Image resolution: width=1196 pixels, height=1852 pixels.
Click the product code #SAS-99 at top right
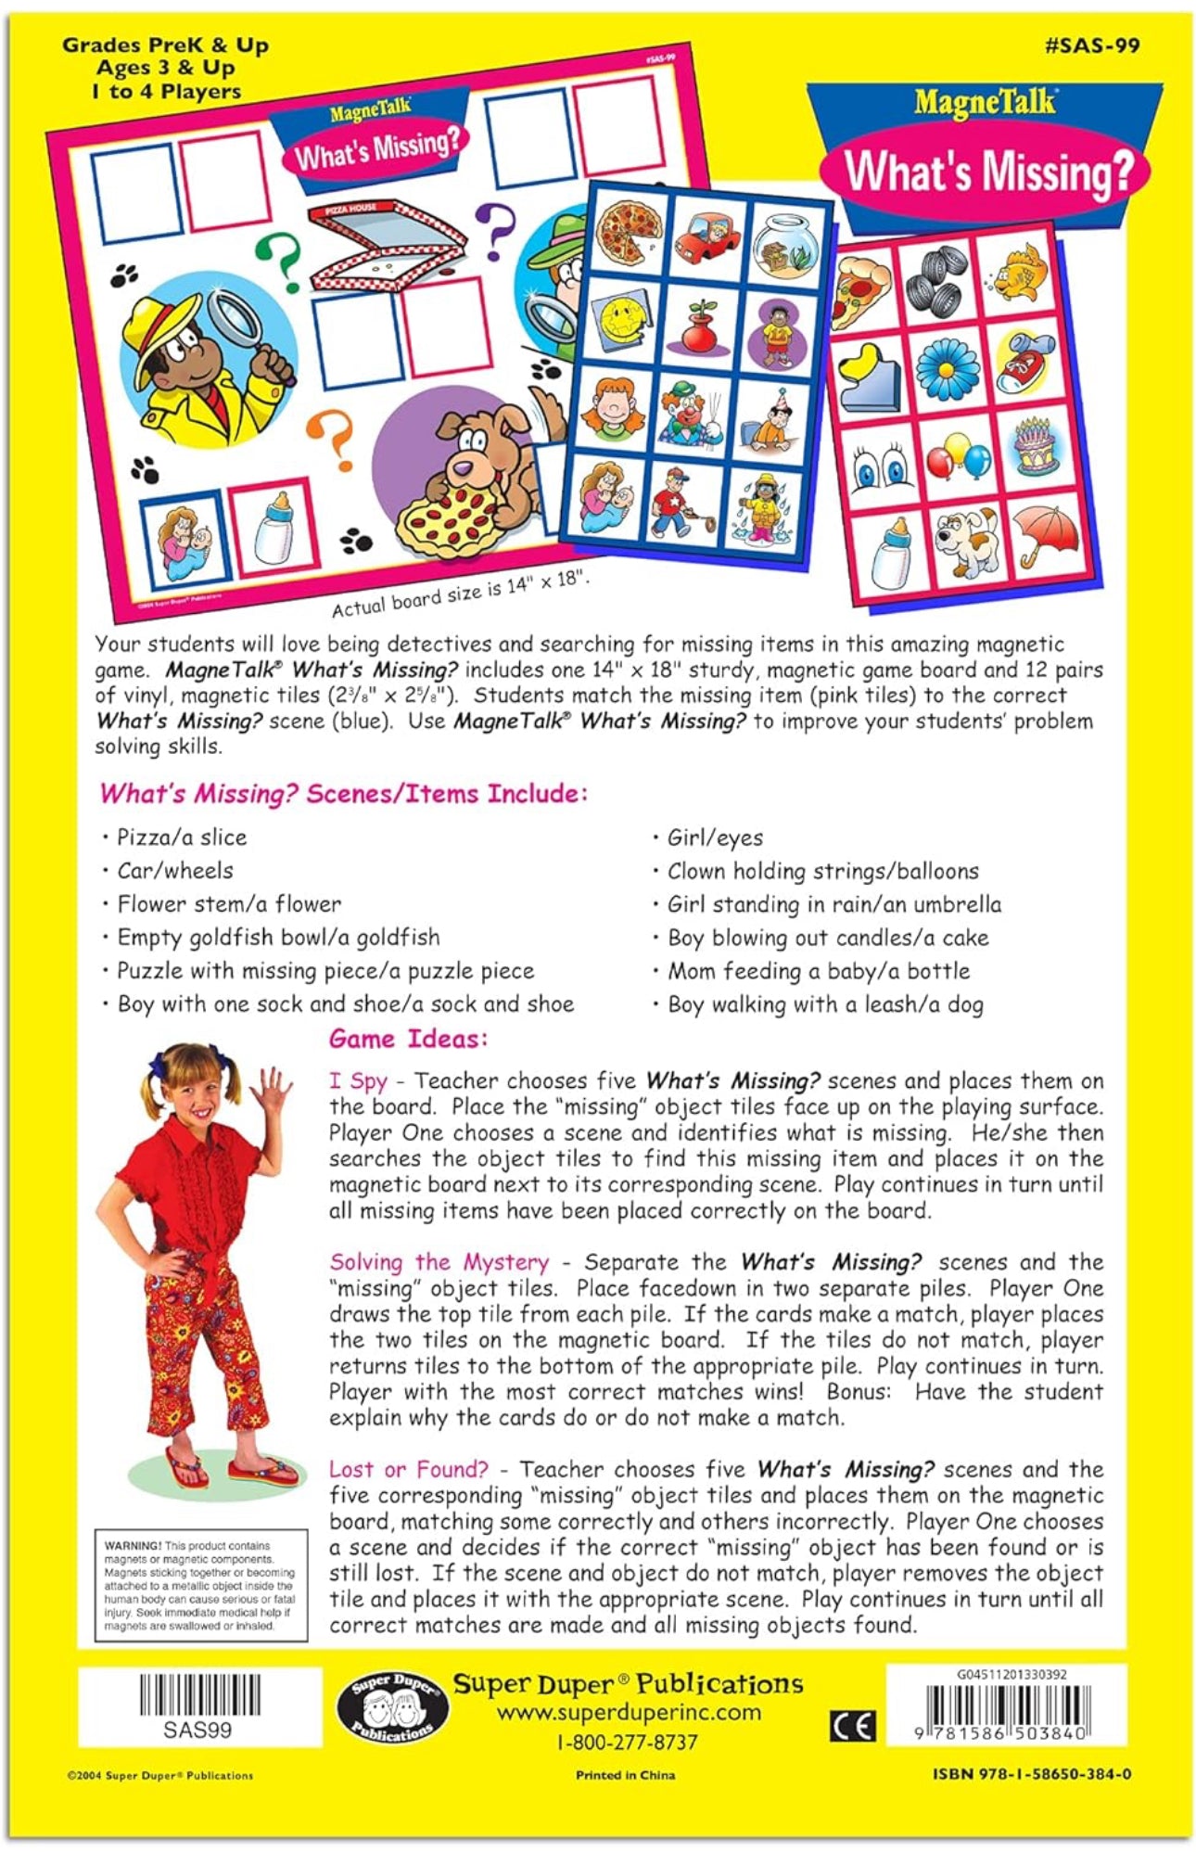pyautogui.click(x=1091, y=45)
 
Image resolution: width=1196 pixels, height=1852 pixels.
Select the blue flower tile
pyautogui.click(x=945, y=368)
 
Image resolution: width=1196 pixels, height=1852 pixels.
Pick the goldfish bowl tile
pyautogui.click(x=784, y=246)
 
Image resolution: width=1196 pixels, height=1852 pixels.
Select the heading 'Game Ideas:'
pyautogui.click(x=408, y=1039)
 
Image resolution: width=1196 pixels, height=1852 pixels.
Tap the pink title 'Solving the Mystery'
pyautogui.click(x=439, y=1262)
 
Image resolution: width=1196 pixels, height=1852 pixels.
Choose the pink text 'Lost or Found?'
pyautogui.click(x=408, y=1470)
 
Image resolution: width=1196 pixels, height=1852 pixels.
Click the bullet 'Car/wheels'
pyautogui.click(x=174, y=871)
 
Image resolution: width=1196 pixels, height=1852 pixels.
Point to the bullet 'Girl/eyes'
pyautogui.click(x=715, y=838)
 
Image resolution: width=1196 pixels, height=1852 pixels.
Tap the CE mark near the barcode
pyautogui.click(x=851, y=1726)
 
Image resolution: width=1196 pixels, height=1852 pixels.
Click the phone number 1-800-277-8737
pyautogui.click(x=627, y=1743)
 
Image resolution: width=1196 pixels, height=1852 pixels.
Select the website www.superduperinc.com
pyautogui.click(x=628, y=1713)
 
